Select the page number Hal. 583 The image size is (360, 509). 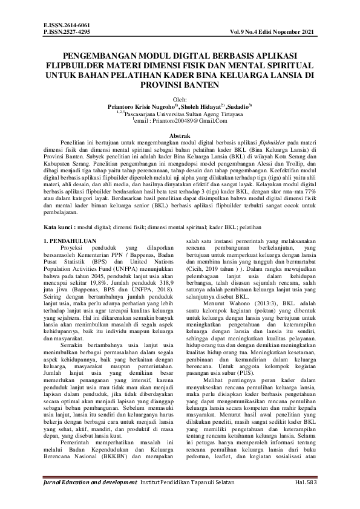pos(308,499)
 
